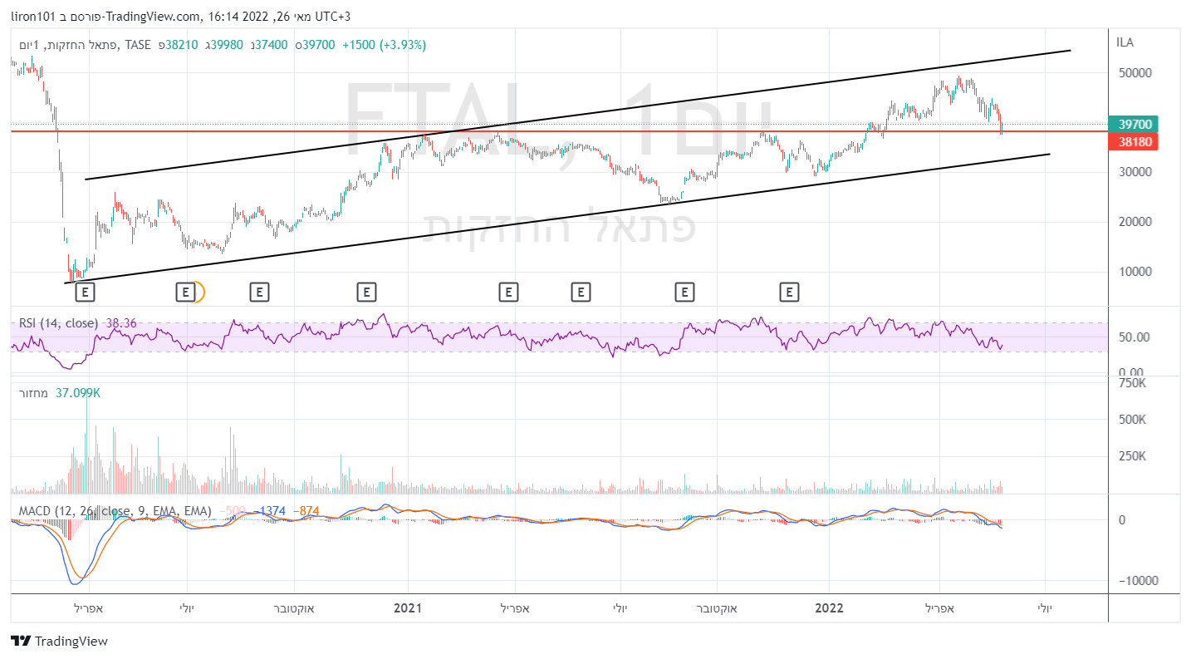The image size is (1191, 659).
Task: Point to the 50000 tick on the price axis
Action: [x=1135, y=73]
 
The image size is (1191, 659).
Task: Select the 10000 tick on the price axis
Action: [x=1135, y=272]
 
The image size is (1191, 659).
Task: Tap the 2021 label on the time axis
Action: [x=408, y=608]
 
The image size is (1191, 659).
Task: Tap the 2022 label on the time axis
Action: [x=829, y=608]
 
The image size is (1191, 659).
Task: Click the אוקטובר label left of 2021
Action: [x=294, y=608]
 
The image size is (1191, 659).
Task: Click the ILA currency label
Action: [x=1125, y=42]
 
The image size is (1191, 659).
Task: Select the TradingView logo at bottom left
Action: [x=59, y=641]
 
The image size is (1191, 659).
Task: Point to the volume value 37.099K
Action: [x=77, y=392]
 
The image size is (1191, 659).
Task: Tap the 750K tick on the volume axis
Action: [x=1133, y=384]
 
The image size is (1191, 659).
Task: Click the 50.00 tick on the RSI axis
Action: [x=1135, y=337]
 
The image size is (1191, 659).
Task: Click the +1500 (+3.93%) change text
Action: [x=384, y=45]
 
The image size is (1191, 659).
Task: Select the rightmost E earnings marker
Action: [x=789, y=292]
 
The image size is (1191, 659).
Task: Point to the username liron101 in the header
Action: [x=33, y=16]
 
